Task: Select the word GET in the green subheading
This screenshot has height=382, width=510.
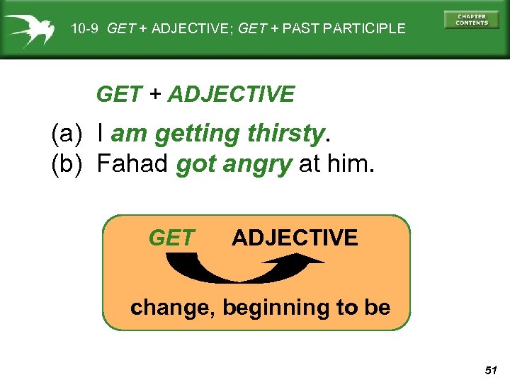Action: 118,94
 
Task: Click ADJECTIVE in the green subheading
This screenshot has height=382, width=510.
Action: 231,94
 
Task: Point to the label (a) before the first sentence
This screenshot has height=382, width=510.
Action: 69,133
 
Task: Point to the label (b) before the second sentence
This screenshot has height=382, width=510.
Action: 69,164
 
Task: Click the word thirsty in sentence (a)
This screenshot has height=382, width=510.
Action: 285,133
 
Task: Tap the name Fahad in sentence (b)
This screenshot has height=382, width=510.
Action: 132,164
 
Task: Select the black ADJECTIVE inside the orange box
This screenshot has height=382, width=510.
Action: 295,238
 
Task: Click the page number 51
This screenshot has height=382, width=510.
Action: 492,370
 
